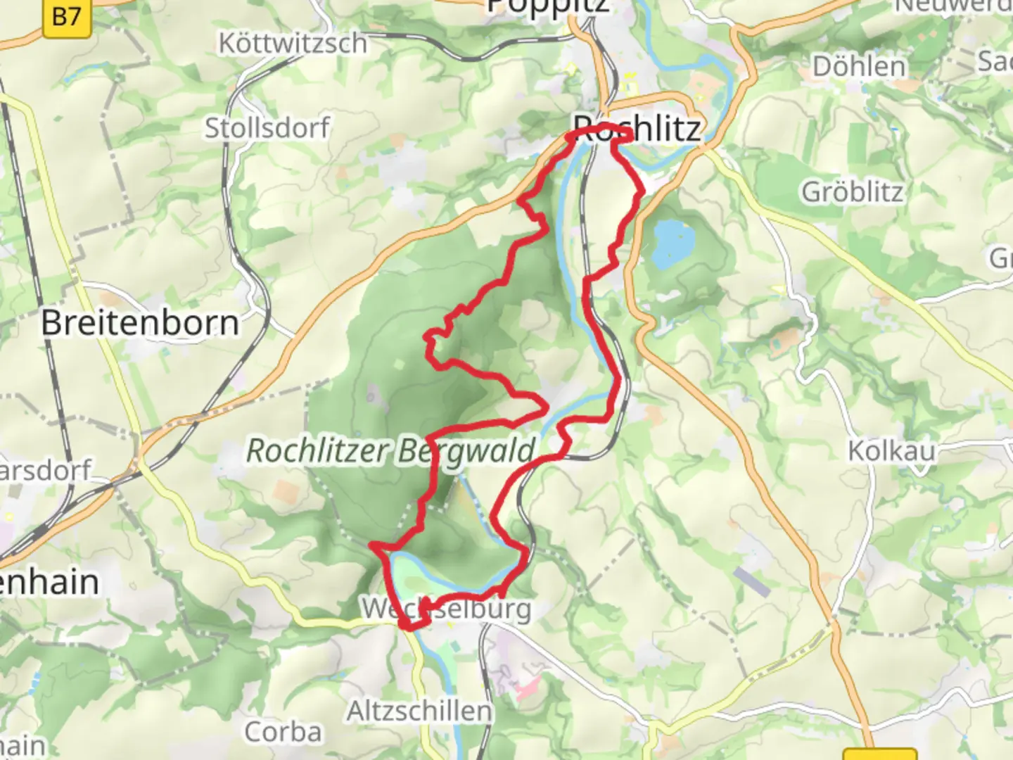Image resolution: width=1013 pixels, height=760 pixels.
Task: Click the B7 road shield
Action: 67,17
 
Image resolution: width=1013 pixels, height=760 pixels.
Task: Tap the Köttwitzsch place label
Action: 293,44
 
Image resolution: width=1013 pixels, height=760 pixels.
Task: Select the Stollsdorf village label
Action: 267,128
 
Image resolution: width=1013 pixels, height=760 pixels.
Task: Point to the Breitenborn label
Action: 140,323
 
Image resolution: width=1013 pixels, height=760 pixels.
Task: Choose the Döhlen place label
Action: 859,67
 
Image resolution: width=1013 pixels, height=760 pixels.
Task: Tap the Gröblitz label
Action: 853,191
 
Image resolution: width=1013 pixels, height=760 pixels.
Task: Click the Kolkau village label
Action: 891,450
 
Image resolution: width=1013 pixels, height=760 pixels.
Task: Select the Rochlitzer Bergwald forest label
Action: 390,451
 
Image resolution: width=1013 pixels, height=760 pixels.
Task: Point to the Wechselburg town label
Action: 446,609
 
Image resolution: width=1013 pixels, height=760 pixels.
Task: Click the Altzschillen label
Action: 419,711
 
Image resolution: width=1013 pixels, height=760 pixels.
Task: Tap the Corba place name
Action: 283,732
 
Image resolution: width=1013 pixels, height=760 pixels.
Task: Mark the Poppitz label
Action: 549,7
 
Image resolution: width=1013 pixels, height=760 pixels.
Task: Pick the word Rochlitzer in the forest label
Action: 312,451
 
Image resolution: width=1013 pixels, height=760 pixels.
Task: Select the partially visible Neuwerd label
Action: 953,6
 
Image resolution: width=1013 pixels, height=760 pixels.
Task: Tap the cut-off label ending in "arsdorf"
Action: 46,470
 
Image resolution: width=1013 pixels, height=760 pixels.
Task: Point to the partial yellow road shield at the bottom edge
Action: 879,754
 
